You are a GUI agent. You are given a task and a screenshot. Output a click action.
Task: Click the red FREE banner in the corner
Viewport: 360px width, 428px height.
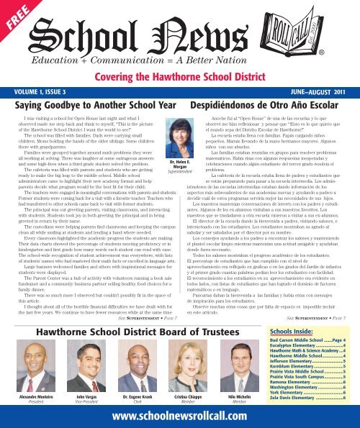tap(15, 16)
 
